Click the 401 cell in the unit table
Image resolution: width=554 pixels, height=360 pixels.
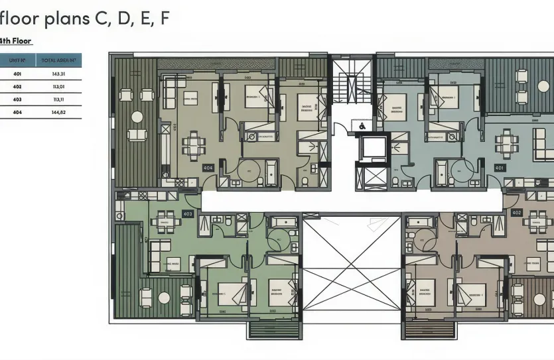[17, 74]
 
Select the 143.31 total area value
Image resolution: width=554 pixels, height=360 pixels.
[58, 74]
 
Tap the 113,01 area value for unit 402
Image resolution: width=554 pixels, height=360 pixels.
[58, 86]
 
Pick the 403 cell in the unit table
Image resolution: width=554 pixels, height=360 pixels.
[17, 99]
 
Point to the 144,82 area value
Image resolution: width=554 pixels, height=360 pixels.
[58, 112]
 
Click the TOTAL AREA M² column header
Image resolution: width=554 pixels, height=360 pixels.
[58, 60]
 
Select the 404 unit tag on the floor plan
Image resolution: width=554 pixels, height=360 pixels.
[208, 168]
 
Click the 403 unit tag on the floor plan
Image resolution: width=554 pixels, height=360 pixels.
[188, 213]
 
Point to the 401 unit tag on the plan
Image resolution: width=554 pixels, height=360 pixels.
[499, 168]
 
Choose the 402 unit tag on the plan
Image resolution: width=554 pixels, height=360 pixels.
[517, 213]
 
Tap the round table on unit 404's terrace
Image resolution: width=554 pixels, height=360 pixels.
[137, 117]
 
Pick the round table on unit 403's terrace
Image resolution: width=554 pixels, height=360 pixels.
[146, 296]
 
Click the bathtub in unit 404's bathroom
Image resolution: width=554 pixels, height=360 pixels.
[272, 173]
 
